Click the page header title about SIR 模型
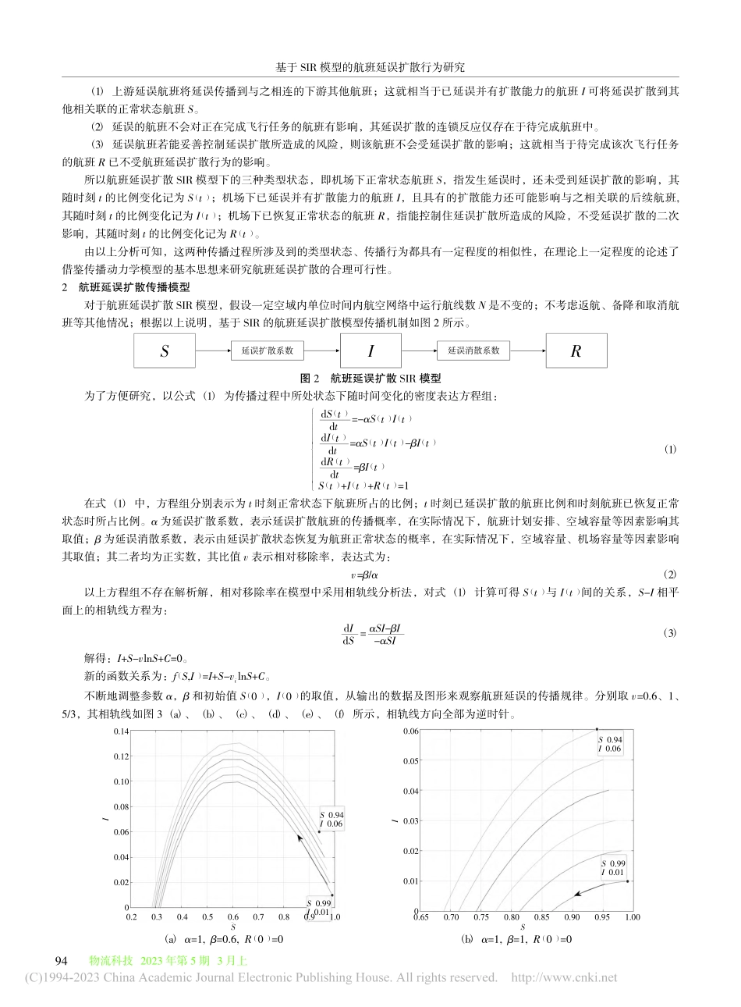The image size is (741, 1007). coord(370,68)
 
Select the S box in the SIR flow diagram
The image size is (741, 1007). coord(164,351)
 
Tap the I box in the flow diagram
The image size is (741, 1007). coord(370,351)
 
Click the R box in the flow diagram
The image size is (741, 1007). coord(576,351)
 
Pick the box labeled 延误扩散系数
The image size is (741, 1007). coord(268,351)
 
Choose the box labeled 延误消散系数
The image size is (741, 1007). coord(473,351)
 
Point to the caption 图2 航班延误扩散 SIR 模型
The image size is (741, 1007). coord(370,377)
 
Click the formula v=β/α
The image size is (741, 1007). coord(370,573)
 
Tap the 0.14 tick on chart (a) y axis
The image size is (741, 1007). coord(119,731)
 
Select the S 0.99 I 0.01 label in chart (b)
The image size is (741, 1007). coord(612,866)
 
